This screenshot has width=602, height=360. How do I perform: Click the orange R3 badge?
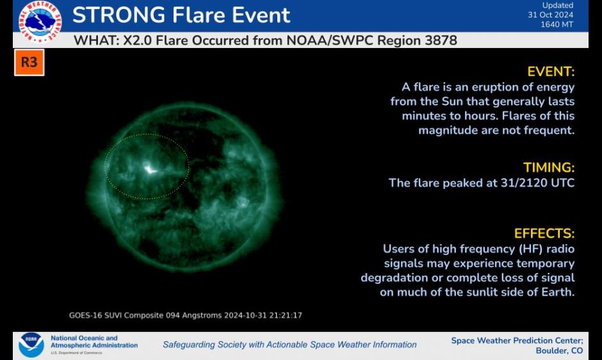pyautogui.click(x=29, y=62)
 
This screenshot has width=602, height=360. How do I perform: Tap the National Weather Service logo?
pyautogui.click(x=40, y=21)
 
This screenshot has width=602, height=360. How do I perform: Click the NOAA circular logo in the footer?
pyautogui.click(x=31, y=345)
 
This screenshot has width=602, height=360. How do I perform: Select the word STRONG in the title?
pyautogui.click(x=118, y=15)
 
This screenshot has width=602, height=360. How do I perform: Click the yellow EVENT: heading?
pyautogui.click(x=551, y=72)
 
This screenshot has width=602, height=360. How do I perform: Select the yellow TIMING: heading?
pyautogui.click(x=549, y=168)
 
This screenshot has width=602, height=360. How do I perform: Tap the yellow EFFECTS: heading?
pyautogui.click(x=544, y=234)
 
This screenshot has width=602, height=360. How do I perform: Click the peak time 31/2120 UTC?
pyautogui.click(x=537, y=183)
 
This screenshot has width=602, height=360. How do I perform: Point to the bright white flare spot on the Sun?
pyautogui.click(x=149, y=168)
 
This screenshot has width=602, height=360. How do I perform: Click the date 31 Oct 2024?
pyautogui.click(x=550, y=15)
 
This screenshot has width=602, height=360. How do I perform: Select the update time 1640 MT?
pyautogui.click(x=557, y=24)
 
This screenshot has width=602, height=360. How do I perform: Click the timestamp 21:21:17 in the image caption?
pyautogui.click(x=286, y=315)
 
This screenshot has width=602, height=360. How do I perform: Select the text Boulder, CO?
pyautogui.click(x=559, y=351)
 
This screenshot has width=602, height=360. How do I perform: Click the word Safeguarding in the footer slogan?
pyautogui.click(x=188, y=345)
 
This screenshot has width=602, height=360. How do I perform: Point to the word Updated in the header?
pyautogui.click(x=558, y=5)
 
